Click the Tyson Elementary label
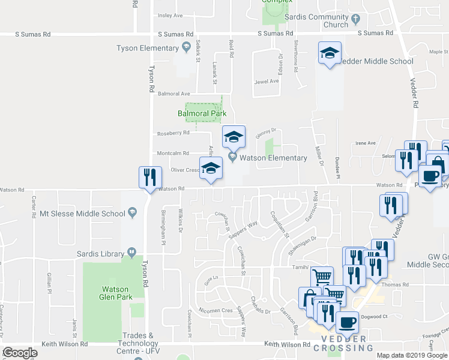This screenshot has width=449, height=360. click(x=147, y=48)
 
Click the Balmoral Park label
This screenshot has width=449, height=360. click(x=201, y=113)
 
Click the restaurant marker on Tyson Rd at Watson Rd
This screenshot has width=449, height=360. click(x=149, y=178)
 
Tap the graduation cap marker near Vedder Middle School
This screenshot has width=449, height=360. click(x=330, y=53)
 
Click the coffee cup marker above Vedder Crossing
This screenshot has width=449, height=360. click(x=347, y=323)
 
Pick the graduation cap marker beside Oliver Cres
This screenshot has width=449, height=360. click(x=211, y=169)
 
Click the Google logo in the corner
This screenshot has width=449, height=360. click(x=20, y=352)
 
